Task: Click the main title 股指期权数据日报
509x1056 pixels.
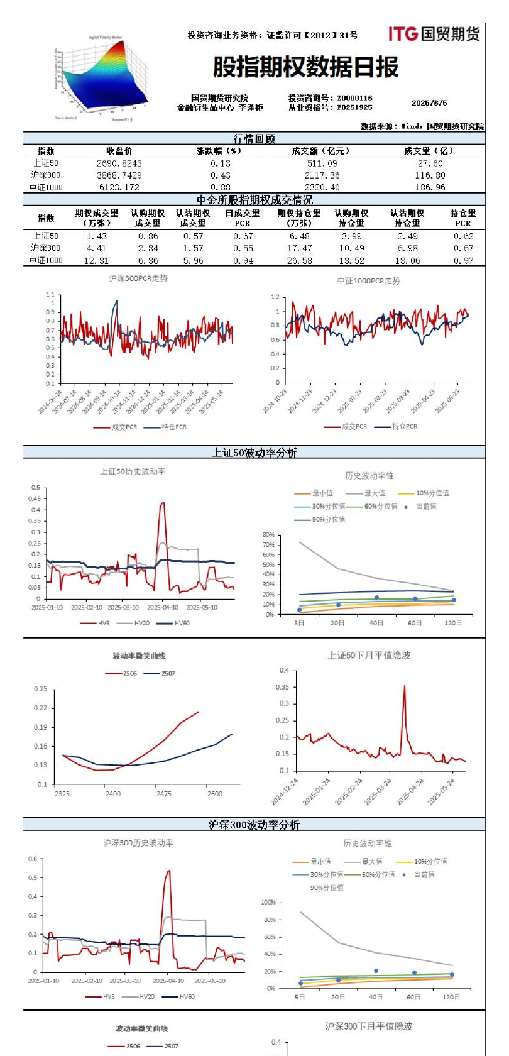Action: pyautogui.click(x=306, y=67)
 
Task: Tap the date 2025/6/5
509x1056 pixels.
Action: pyautogui.click(x=429, y=103)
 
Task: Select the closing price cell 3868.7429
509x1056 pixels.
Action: pyautogui.click(x=119, y=175)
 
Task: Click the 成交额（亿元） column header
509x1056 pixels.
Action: pyautogui.click(x=321, y=151)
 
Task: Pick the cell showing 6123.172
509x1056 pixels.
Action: pyautogui.click(x=119, y=187)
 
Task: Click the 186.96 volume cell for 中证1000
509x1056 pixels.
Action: pyautogui.click(x=430, y=187)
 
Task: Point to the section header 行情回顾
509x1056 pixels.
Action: pyautogui.click(x=254, y=139)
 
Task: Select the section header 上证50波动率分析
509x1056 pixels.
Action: pyautogui.click(x=254, y=453)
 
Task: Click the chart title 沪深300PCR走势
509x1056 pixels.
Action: pyautogui.click(x=138, y=278)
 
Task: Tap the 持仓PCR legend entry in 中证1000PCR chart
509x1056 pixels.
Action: pyautogui.click(x=403, y=426)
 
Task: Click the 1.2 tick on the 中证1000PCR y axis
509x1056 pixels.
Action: pyautogui.click(x=275, y=297)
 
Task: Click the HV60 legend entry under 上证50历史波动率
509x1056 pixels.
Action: pyautogui.click(x=181, y=623)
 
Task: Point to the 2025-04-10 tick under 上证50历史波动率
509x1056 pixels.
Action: pyautogui.click(x=162, y=608)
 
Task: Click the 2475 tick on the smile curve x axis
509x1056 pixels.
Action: pyautogui.click(x=163, y=794)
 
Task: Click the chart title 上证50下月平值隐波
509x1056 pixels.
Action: pyautogui.click(x=369, y=656)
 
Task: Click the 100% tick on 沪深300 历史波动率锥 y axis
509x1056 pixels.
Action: pyautogui.click(x=268, y=903)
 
